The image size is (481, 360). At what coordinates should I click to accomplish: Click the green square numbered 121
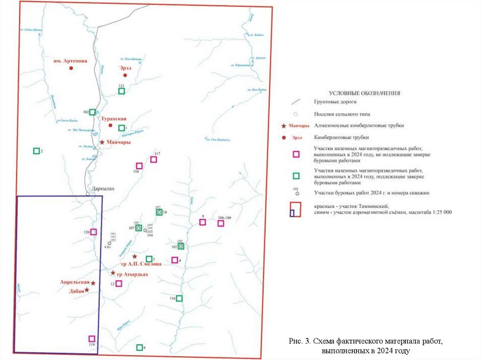click(121, 91)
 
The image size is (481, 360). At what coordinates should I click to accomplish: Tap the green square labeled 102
click(93, 112)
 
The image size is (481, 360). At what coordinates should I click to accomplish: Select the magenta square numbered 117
click(154, 160)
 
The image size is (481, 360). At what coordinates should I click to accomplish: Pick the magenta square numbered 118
click(139, 166)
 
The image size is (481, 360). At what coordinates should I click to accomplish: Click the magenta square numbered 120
click(93, 232)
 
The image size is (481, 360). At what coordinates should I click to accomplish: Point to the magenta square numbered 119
click(92, 339)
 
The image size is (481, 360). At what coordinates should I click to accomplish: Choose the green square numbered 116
click(179, 298)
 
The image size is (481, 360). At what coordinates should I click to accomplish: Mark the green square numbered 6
click(139, 347)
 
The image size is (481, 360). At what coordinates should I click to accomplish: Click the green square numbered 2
click(36, 151)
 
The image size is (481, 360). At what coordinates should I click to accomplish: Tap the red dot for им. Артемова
click(71, 69)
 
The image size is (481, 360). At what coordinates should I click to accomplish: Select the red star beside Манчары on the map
click(102, 142)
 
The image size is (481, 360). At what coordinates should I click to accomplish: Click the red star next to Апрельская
click(93, 283)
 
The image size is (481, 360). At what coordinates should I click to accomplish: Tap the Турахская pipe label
click(113, 119)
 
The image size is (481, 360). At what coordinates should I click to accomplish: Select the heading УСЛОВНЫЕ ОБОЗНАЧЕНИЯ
click(364, 93)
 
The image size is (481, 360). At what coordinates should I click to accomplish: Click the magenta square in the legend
click(296, 153)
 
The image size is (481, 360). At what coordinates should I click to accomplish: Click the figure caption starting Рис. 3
click(366, 345)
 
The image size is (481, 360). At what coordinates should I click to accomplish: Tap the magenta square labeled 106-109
click(220, 223)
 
